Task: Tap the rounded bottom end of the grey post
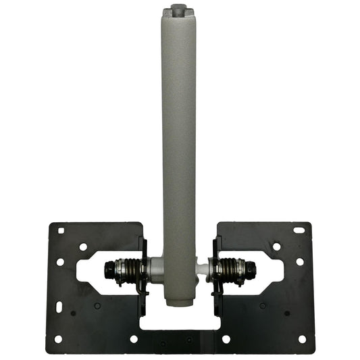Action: [x=178, y=303]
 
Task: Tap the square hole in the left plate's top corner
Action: [x=61, y=230]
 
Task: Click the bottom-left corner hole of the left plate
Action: [x=58, y=339]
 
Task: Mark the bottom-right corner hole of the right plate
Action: [x=302, y=339]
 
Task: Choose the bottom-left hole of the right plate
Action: [x=226, y=339]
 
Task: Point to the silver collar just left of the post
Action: [x=156, y=268]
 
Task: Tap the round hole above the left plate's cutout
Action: [x=83, y=247]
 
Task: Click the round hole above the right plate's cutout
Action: [x=276, y=247]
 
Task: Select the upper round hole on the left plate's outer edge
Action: [x=60, y=261]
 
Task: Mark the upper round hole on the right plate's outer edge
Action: [x=299, y=261]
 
